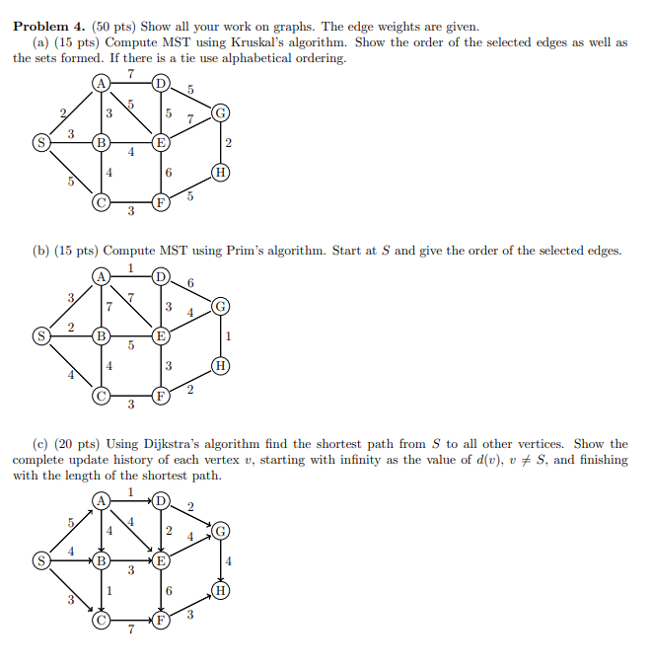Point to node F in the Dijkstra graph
pyautogui.click(x=161, y=622)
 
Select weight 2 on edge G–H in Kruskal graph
pyautogui.click(x=229, y=144)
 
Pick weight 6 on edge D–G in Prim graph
pyautogui.click(x=190, y=283)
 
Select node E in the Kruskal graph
pyautogui.click(x=161, y=144)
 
